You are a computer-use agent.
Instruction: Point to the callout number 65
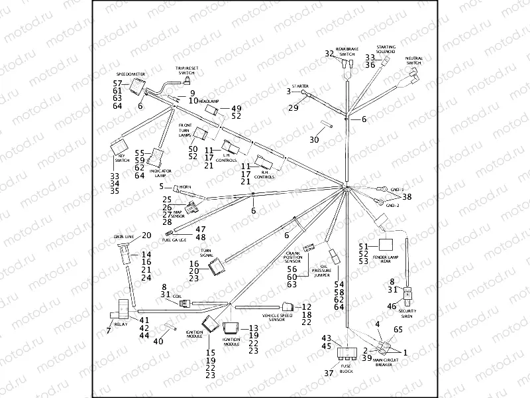[x=397, y=330]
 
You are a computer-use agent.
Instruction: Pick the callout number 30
[x=314, y=140]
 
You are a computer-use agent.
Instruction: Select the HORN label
[x=185, y=188]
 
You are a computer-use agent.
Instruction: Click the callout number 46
[x=392, y=306]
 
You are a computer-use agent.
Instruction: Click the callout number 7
[x=109, y=330]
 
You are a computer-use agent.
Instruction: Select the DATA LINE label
[x=124, y=235]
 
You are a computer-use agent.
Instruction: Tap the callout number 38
[x=407, y=197]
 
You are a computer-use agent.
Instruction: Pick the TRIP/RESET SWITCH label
[x=187, y=70]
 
